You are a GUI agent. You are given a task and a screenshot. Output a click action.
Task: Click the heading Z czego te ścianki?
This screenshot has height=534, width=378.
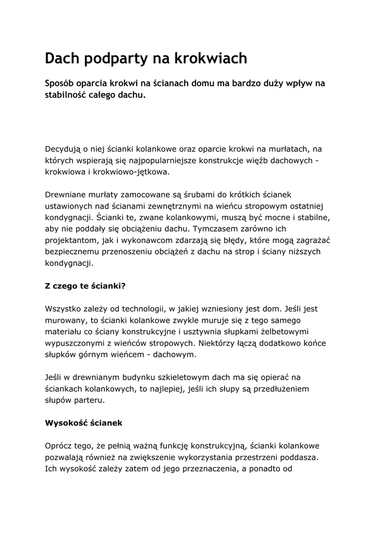[86, 286]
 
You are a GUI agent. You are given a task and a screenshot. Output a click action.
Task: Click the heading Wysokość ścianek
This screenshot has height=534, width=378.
[83, 423]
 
